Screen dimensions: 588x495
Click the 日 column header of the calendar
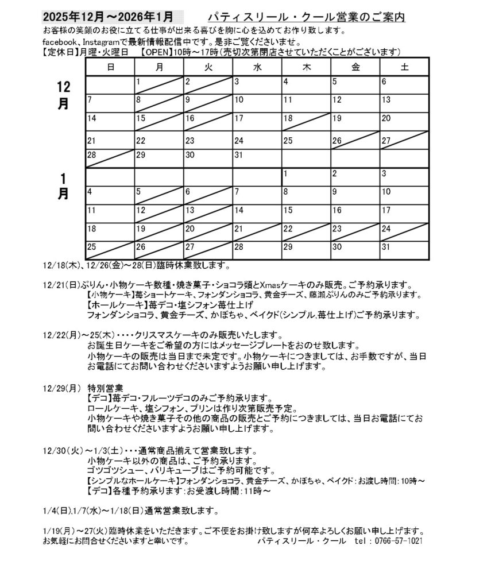110,67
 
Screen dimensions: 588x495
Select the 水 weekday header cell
257,67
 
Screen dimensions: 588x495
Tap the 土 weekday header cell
404,67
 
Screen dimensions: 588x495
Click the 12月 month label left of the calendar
63,95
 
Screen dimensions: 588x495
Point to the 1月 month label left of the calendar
63,186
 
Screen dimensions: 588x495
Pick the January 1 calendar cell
305,176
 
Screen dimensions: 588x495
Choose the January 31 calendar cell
404,250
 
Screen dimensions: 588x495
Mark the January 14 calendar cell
257,213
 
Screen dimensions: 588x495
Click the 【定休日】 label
58,52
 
